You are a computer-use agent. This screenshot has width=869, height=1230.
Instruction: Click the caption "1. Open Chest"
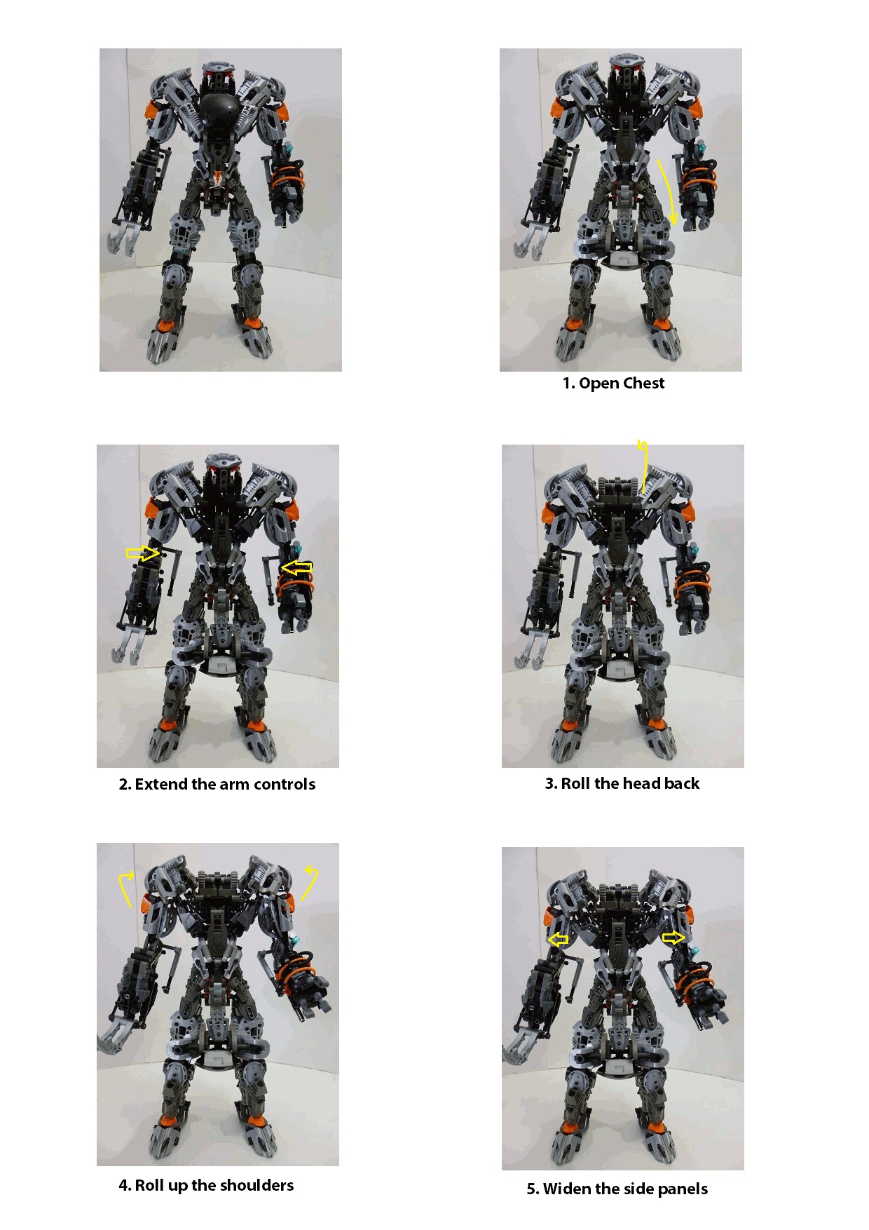click(x=613, y=383)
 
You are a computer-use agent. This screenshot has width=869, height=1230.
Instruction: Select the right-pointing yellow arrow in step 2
click(x=142, y=553)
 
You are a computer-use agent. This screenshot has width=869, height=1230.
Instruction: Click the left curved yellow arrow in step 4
click(x=125, y=886)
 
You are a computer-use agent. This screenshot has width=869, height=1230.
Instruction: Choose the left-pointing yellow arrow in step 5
click(x=559, y=939)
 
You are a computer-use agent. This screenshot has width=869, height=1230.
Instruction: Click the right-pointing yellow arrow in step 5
click(x=673, y=937)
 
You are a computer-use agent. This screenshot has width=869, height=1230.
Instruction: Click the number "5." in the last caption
click(x=533, y=1189)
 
